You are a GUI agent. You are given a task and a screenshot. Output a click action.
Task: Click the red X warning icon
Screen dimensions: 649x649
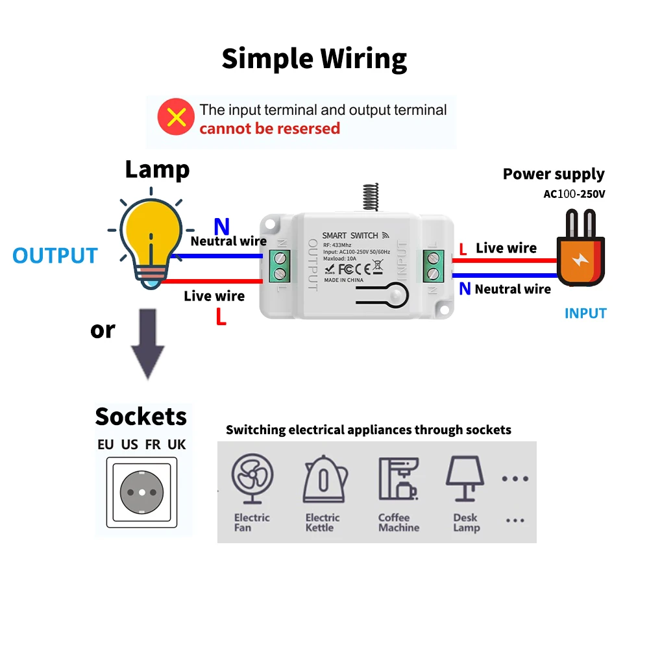point(176,117)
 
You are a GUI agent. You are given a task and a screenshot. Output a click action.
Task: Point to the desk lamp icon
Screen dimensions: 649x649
point(465,478)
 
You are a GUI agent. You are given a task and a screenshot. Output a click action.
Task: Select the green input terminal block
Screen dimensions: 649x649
point(432,265)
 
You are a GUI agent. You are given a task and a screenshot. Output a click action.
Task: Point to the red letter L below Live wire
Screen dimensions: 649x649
point(221,318)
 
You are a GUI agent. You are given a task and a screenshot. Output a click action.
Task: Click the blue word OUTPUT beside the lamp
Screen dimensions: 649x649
point(55,256)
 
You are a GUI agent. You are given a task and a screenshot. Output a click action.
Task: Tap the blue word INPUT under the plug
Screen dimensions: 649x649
point(585,313)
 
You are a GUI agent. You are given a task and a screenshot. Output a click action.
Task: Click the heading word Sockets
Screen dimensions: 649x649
point(141,416)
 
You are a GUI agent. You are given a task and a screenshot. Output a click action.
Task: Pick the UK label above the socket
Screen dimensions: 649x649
point(177,445)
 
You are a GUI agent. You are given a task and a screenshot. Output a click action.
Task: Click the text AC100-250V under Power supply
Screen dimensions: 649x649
point(574,194)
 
